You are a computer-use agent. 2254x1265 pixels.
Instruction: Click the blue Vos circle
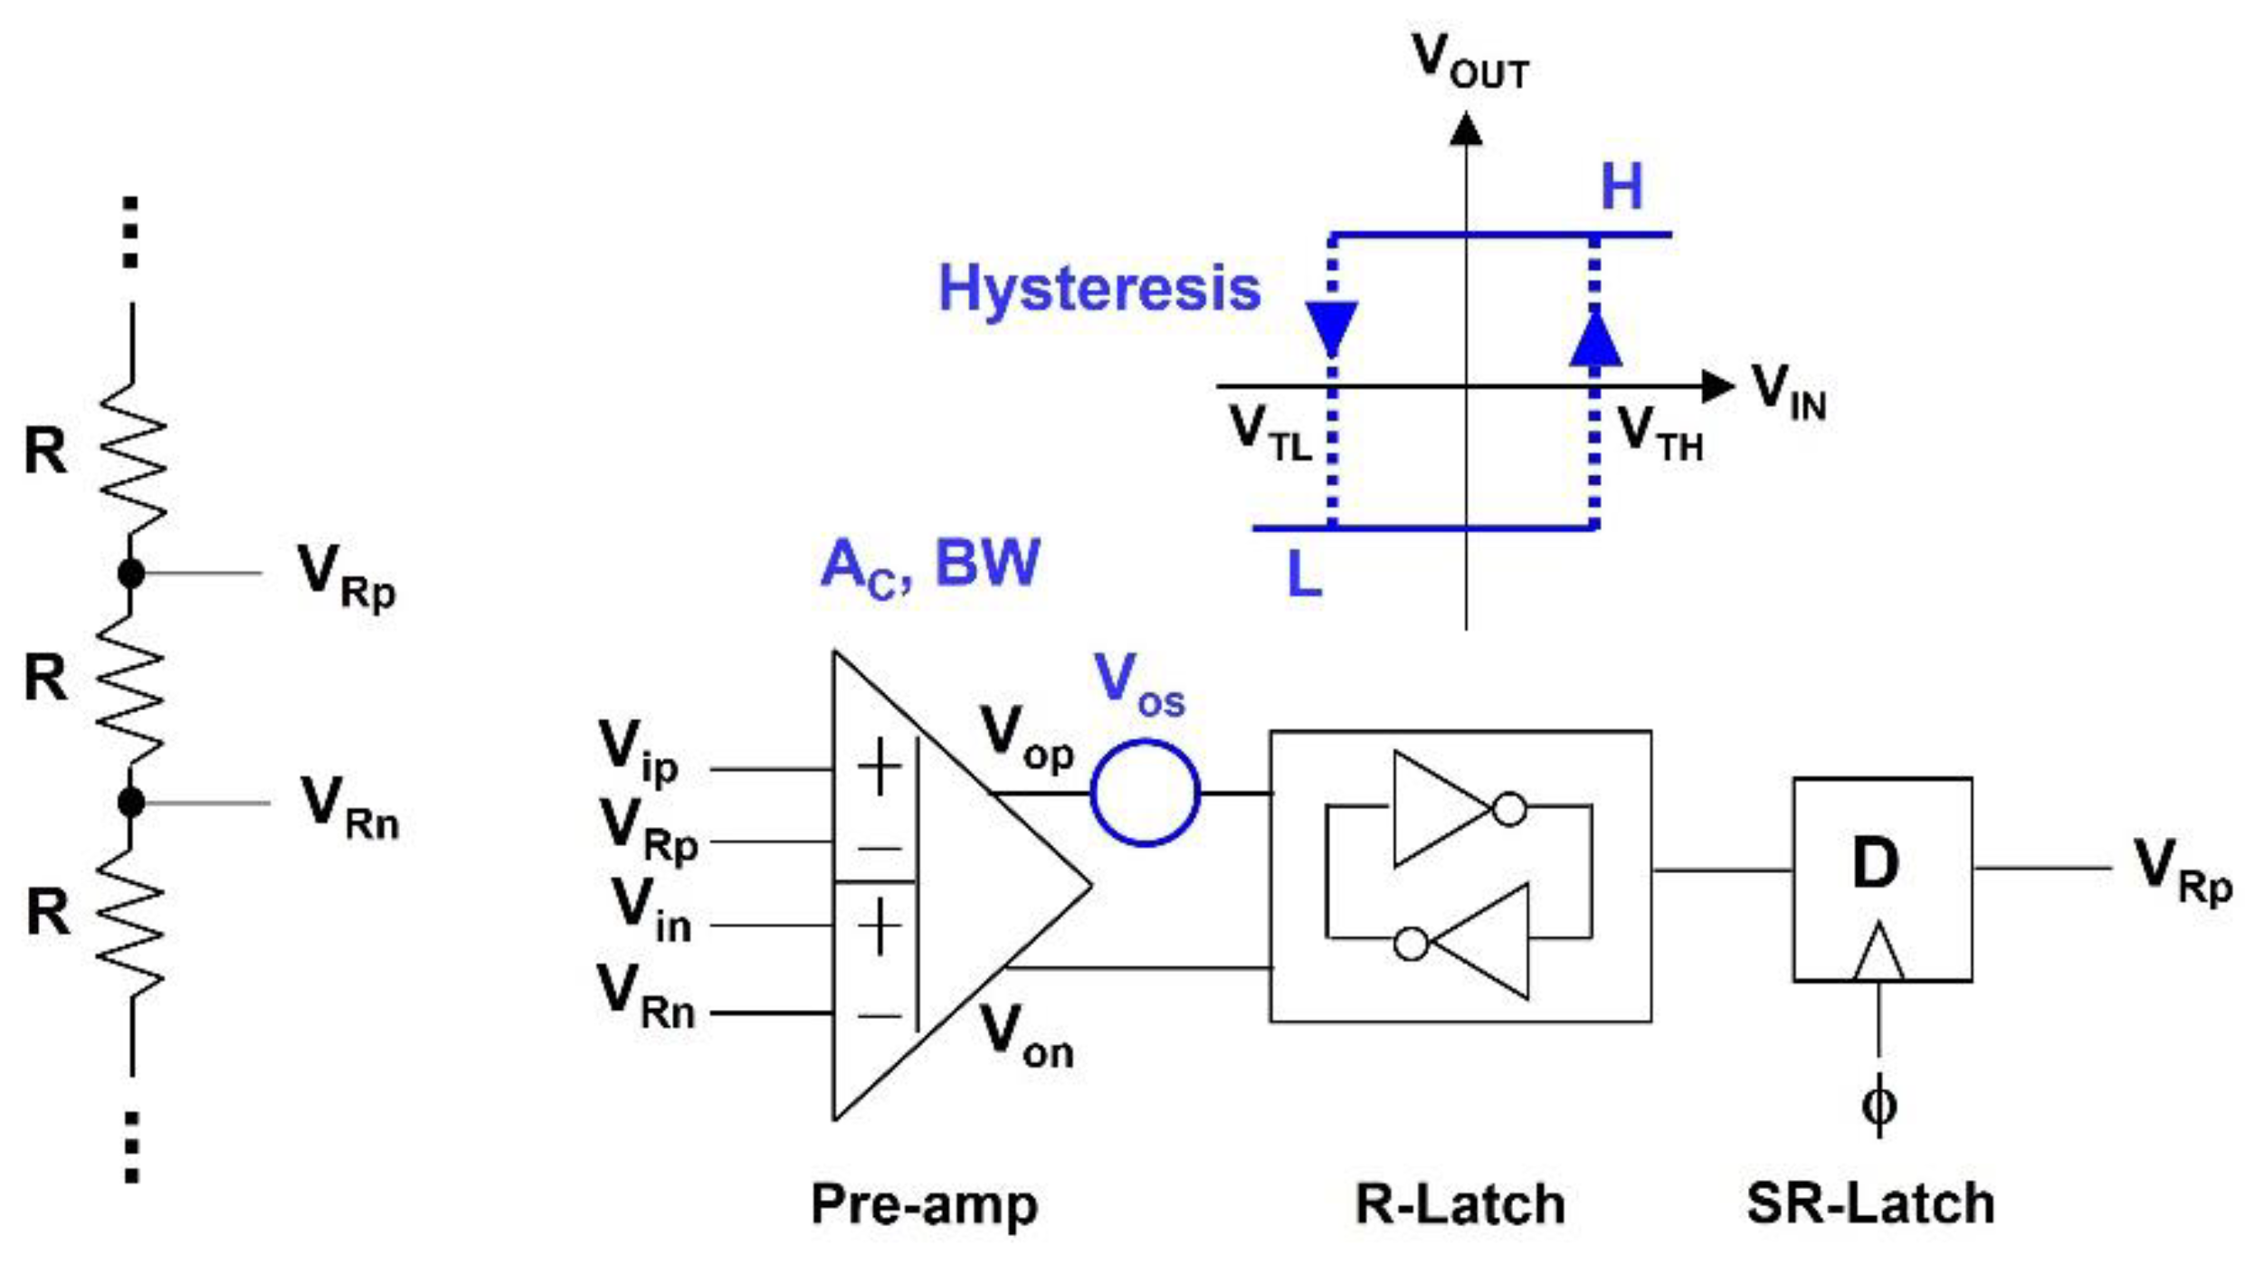point(1145,793)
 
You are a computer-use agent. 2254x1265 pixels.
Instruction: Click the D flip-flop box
point(1882,878)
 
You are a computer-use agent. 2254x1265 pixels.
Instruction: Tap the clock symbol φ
point(1878,1104)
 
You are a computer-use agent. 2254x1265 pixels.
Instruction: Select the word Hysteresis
point(1098,289)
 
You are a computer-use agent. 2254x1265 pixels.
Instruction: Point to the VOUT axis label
point(1470,62)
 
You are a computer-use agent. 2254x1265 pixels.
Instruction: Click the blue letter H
point(1622,187)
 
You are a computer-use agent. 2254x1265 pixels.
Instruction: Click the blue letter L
point(1304,574)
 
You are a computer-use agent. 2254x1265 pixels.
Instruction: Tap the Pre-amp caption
point(924,1204)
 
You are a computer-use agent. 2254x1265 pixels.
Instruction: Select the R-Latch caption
point(1460,1204)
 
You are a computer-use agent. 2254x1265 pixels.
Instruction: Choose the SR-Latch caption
point(1869,1204)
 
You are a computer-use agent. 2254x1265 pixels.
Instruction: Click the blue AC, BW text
point(930,566)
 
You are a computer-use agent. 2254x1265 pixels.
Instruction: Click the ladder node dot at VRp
point(131,573)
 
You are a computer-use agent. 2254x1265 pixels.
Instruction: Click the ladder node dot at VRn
point(131,802)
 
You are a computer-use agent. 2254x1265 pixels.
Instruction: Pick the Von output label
point(1026,1036)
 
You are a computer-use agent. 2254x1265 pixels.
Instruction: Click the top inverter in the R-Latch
point(1443,809)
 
